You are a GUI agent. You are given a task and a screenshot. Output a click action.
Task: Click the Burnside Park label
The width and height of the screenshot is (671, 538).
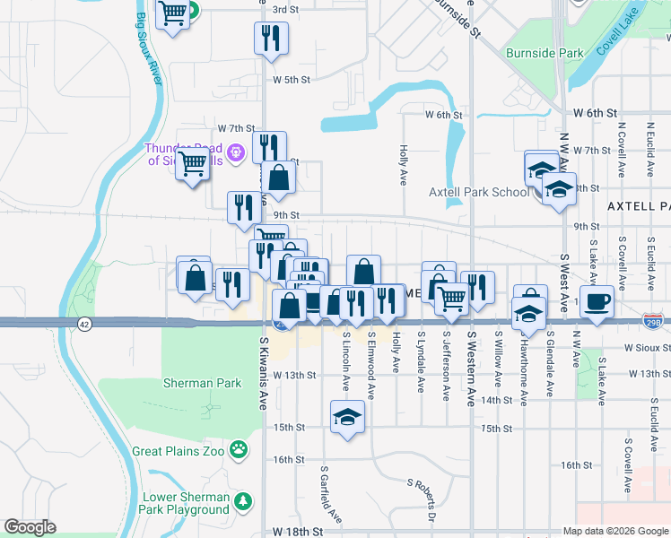click(545, 54)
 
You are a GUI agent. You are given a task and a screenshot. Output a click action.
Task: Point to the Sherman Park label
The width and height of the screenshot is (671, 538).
click(202, 383)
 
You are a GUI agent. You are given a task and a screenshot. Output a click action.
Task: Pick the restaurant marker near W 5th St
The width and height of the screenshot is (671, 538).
click(270, 39)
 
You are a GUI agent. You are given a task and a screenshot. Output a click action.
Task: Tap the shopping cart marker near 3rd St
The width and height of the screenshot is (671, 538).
click(172, 13)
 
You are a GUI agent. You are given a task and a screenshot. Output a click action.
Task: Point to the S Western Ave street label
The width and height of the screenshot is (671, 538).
click(471, 370)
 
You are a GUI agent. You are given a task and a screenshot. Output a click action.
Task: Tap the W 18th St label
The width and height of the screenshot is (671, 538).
click(298, 532)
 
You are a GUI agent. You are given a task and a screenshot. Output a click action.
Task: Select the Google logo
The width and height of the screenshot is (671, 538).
click(30, 527)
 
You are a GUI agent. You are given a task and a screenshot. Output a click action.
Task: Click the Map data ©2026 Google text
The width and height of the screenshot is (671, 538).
click(615, 531)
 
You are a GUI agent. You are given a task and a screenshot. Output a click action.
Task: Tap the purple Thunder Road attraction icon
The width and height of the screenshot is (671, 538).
click(236, 152)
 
